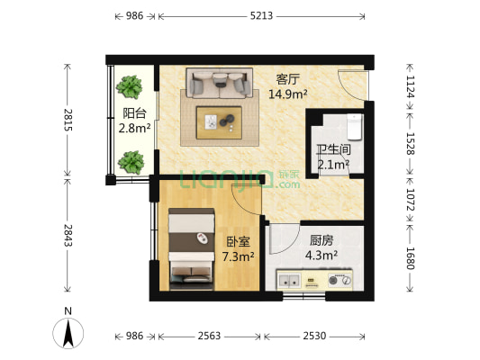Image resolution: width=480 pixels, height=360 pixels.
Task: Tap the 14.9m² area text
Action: click(x=288, y=93)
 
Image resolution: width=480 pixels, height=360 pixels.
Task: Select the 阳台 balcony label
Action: click(x=135, y=114)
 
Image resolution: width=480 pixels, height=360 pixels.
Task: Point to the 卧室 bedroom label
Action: click(x=238, y=242)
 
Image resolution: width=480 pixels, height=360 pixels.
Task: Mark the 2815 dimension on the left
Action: click(x=65, y=120)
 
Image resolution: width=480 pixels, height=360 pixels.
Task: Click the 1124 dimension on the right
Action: click(x=410, y=85)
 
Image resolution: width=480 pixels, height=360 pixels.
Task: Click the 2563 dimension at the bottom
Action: click(x=209, y=336)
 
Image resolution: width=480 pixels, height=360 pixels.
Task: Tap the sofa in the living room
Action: click(x=217, y=83)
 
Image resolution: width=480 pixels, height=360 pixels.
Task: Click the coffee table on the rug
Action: click(x=222, y=120)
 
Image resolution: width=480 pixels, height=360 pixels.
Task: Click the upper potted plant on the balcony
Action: click(x=131, y=86)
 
